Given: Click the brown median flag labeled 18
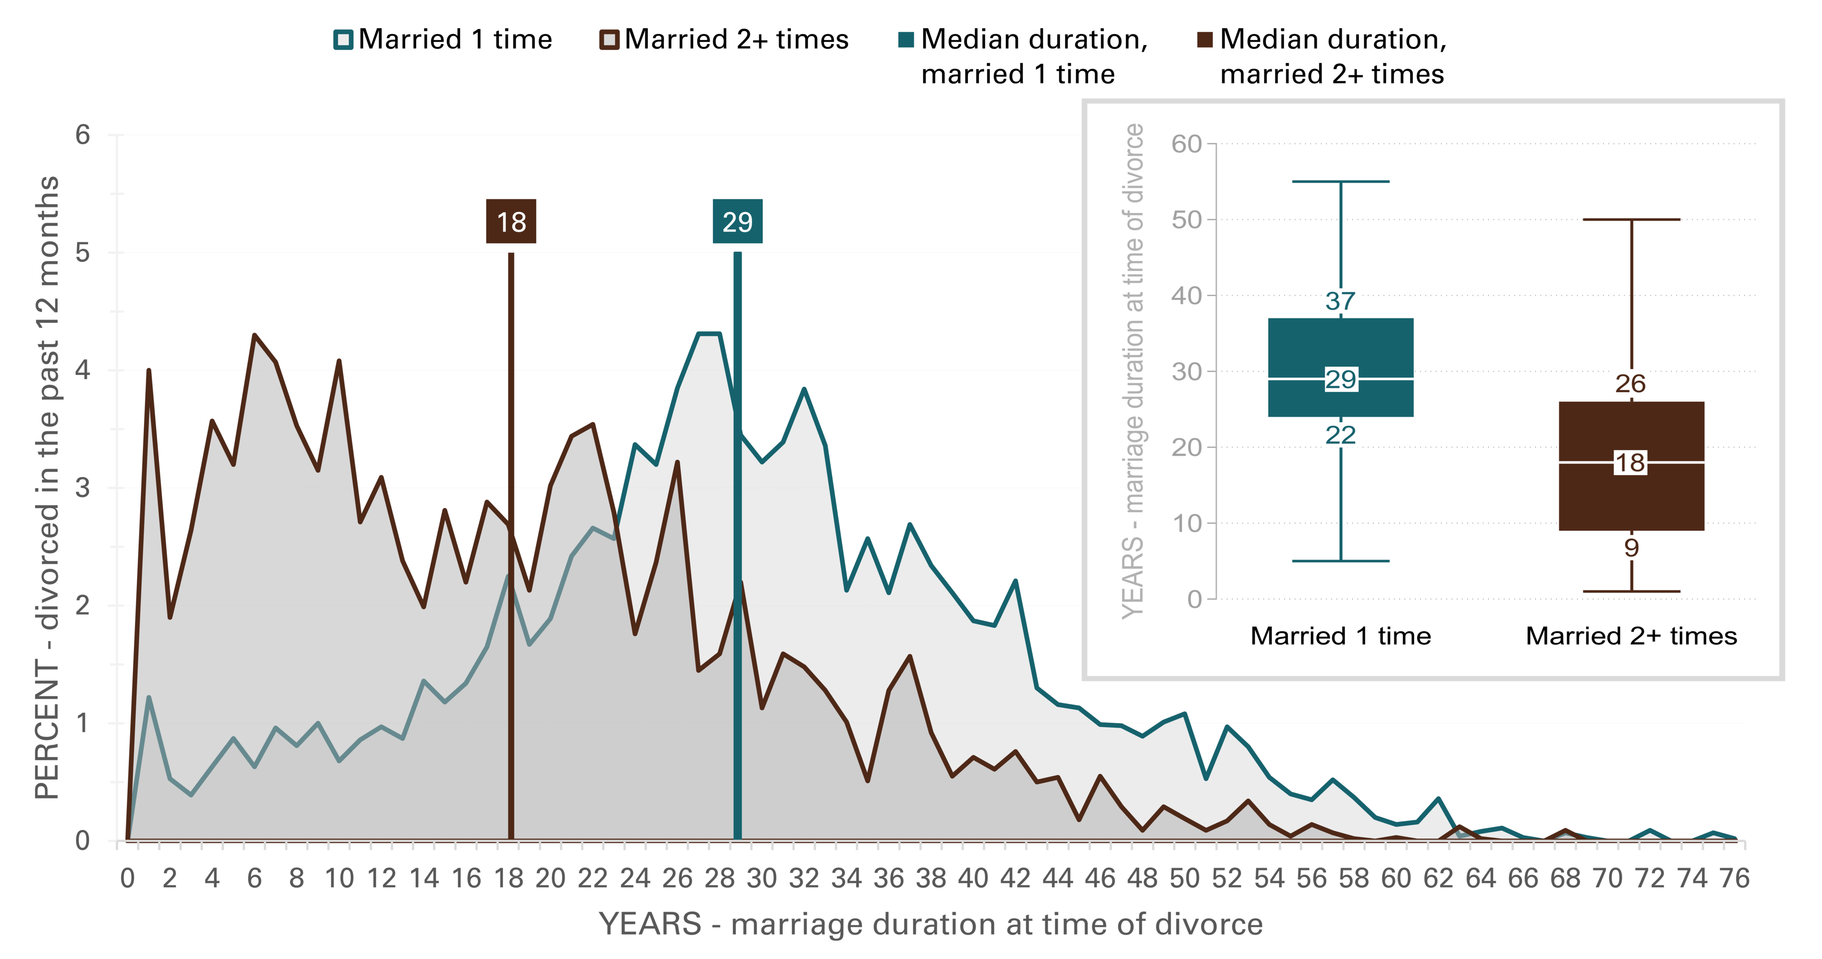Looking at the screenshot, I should [x=511, y=222].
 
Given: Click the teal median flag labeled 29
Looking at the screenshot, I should [x=737, y=222].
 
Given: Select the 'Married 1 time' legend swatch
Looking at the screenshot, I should [x=343, y=39].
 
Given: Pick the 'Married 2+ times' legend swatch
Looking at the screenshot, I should [x=609, y=39].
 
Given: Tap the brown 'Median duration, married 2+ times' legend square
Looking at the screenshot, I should [x=1205, y=39].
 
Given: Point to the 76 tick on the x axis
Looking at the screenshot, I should [x=1734, y=878].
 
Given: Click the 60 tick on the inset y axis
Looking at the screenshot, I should [x=1186, y=144].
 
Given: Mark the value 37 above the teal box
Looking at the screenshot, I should [x=1340, y=301].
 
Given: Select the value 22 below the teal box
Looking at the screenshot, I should [x=1340, y=434].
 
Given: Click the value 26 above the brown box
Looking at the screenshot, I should [x=1630, y=384].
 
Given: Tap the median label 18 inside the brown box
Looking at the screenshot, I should [x=1630, y=463].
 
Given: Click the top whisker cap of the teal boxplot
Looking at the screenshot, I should [x=1340, y=182].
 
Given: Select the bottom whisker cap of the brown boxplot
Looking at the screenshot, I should [x=1631, y=591].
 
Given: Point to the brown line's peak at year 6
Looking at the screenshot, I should [x=255, y=336].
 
